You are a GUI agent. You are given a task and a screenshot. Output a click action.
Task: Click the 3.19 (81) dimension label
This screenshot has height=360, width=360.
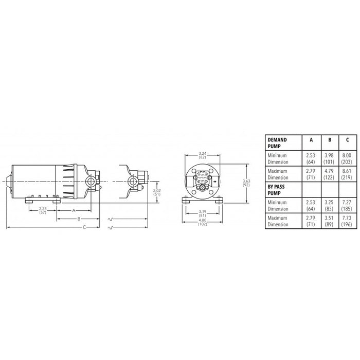click(x=202, y=213)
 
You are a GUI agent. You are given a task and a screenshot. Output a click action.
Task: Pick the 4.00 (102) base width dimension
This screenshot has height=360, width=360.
click(x=202, y=223)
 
